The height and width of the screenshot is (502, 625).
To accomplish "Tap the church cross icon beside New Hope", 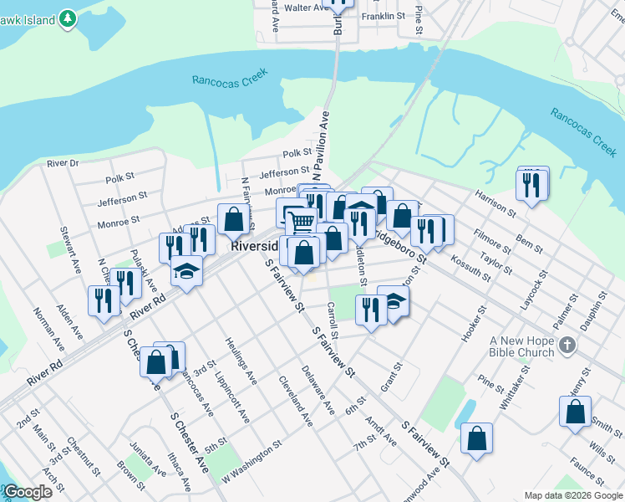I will pos(567,345).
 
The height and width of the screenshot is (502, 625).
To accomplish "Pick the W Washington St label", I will pos(247,464).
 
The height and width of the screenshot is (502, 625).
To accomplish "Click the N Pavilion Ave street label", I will pos(322,146).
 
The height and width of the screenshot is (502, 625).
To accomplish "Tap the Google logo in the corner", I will pos(27,492).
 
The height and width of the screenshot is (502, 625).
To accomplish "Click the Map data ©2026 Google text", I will pos(572,495).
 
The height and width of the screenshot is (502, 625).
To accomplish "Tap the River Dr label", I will pos(63,163).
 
